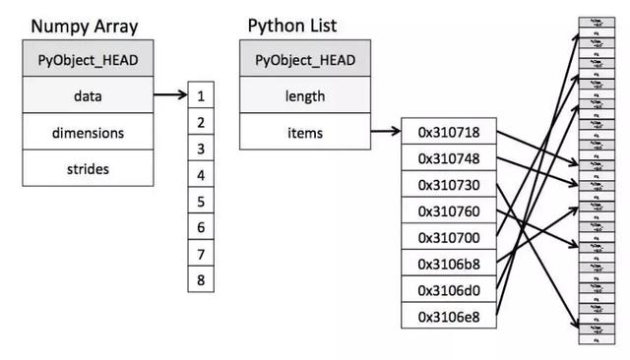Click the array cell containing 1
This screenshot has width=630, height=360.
pos(201,97)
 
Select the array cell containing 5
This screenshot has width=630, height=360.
pos(201,201)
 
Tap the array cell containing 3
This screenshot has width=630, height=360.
pos(201,150)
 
